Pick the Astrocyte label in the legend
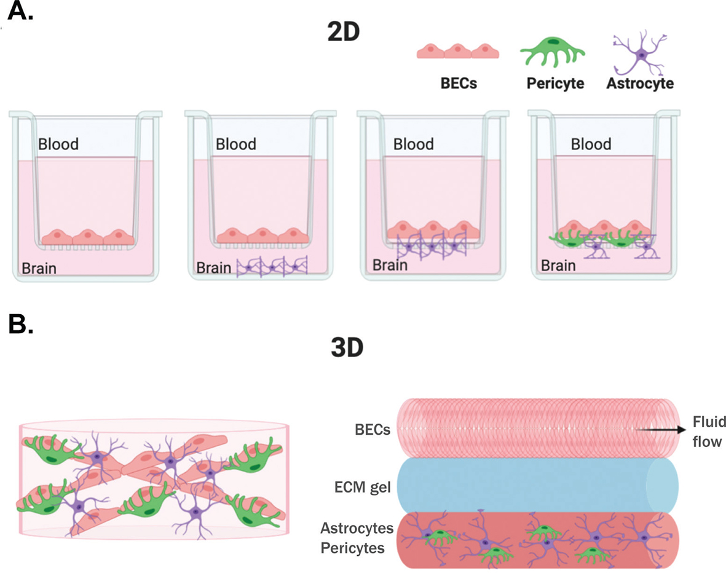click(640, 83)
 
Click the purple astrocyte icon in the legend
click(641, 53)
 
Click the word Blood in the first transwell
click(58, 144)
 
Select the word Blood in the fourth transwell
click(591, 144)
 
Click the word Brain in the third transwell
click(390, 266)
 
